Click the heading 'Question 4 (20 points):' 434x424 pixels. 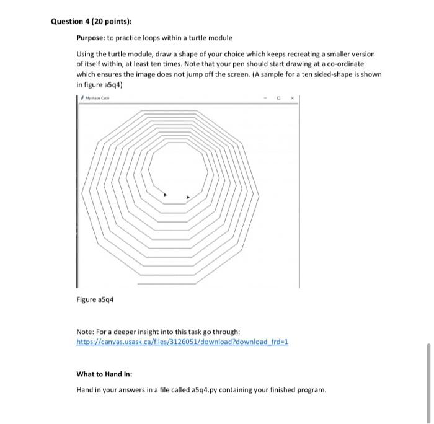point(87,22)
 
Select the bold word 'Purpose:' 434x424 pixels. point(92,38)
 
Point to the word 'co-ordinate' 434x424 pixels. point(346,64)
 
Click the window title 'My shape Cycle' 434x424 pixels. point(99,98)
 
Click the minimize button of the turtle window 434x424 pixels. point(268,98)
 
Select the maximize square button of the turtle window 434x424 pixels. point(280,98)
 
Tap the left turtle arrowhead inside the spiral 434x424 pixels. point(164,195)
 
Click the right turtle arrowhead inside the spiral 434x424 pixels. point(188,198)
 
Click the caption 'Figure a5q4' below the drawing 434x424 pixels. point(95,299)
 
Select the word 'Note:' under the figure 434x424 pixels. point(86,332)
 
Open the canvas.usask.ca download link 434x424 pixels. point(182,342)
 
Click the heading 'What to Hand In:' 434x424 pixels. point(104,374)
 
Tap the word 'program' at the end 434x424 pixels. point(310,390)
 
